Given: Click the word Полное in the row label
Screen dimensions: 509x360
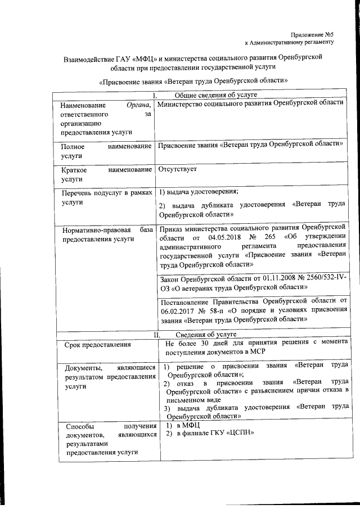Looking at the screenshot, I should click(73, 146).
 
